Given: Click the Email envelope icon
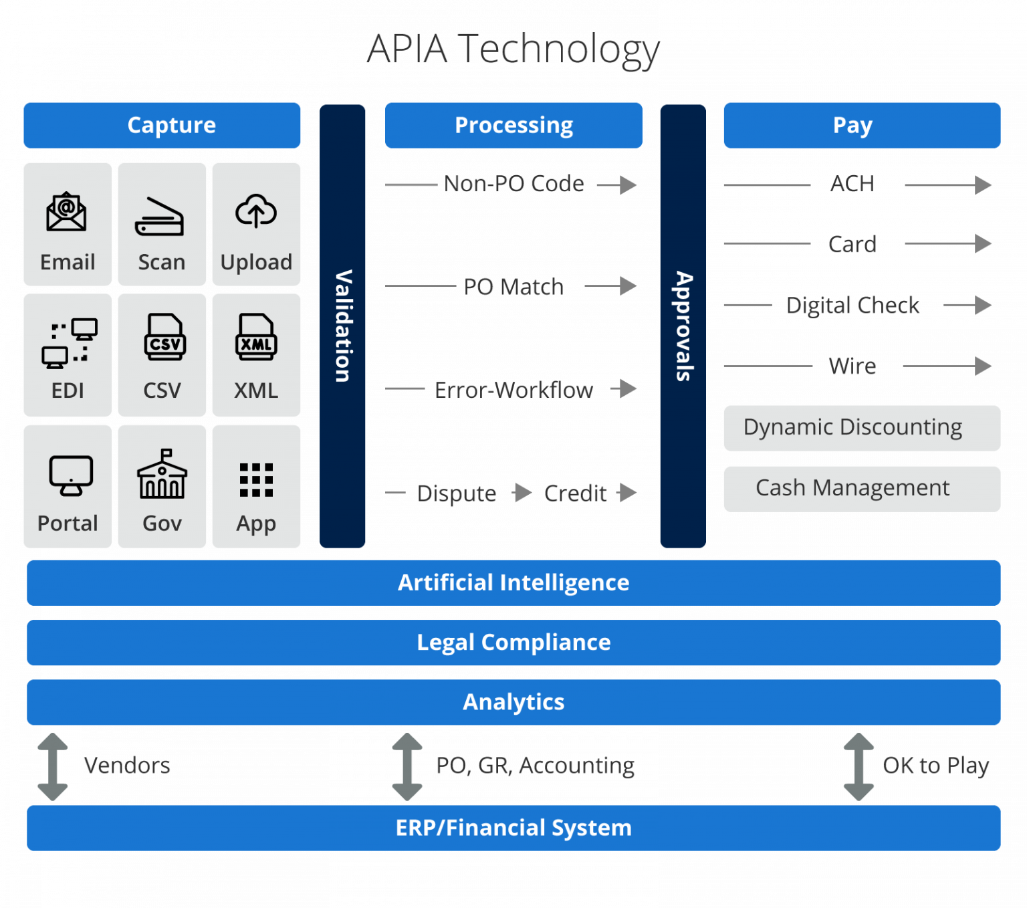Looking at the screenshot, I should click(66, 212).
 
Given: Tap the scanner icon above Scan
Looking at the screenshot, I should click(160, 217).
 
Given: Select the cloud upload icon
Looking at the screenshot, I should click(256, 211).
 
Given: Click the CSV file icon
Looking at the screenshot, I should click(164, 337).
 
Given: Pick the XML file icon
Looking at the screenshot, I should click(256, 337).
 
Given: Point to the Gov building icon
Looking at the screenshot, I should click(162, 474).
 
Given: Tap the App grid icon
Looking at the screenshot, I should click(256, 479).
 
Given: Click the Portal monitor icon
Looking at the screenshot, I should click(70, 475).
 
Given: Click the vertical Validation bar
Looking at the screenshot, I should click(342, 326).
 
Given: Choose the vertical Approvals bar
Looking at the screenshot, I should click(683, 326).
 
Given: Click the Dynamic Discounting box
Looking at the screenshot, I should click(861, 428).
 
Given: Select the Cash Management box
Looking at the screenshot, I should click(861, 489).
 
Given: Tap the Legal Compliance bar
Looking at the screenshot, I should click(513, 643).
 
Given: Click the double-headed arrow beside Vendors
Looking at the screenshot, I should click(53, 766).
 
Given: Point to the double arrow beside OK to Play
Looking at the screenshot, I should click(859, 766).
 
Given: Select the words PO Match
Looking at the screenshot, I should click(513, 287).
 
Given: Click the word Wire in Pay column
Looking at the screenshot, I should click(852, 366).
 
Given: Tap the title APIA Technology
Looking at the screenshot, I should click(513, 49).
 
